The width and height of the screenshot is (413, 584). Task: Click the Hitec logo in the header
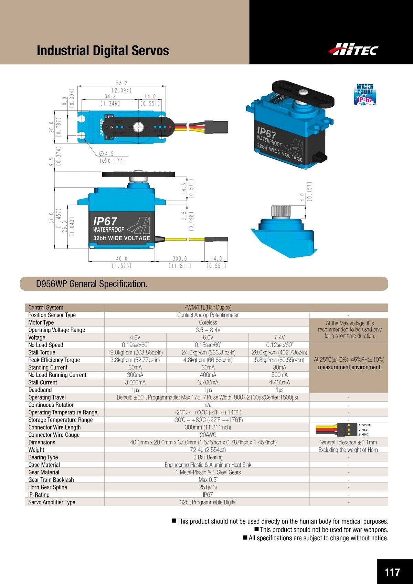(x=353, y=50)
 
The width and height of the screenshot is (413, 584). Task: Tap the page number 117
(x=392, y=572)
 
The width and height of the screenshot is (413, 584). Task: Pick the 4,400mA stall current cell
(x=279, y=382)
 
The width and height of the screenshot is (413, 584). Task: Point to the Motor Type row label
(x=41, y=322)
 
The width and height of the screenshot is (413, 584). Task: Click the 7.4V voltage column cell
(x=279, y=337)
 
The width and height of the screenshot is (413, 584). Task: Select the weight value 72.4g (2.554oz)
(x=208, y=450)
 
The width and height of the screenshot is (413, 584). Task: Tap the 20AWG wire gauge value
(x=208, y=435)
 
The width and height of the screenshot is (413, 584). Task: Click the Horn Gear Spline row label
(x=47, y=487)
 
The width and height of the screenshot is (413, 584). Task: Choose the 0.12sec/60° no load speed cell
(x=279, y=345)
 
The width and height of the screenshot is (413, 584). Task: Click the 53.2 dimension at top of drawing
(x=121, y=83)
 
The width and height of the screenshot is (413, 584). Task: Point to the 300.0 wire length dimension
(x=180, y=259)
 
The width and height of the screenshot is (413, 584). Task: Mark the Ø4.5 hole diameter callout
(x=106, y=154)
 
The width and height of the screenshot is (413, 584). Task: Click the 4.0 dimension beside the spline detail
(x=302, y=197)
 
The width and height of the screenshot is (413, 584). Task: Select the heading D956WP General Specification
(x=92, y=284)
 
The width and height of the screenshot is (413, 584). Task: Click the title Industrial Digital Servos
(x=103, y=51)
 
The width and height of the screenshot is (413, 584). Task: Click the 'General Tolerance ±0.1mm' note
(x=348, y=443)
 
